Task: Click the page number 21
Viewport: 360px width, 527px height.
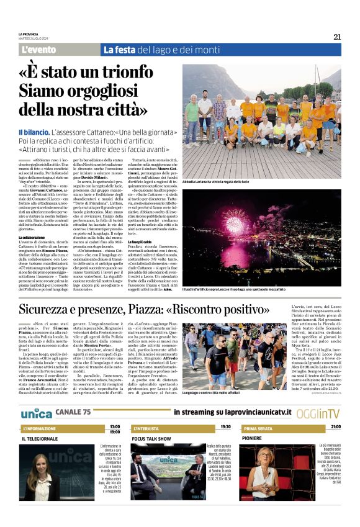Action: (336, 37)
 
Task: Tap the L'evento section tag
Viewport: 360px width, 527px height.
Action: (38, 50)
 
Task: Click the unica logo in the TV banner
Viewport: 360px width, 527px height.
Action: (36, 395)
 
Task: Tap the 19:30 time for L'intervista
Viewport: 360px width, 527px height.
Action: (225, 410)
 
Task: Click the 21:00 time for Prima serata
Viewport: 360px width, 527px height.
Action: (335, 410)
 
